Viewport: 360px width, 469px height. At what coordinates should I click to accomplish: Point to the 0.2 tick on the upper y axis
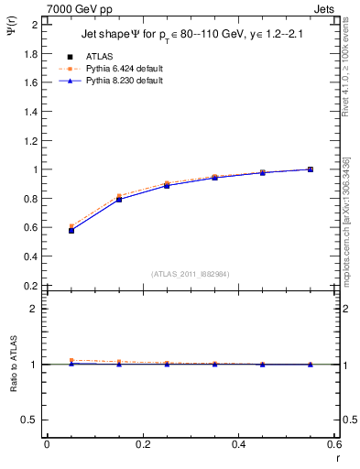[29, 286]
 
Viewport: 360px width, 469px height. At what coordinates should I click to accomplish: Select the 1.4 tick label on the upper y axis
[29, 112]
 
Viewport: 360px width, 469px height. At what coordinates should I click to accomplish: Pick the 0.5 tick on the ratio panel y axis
[29, 420]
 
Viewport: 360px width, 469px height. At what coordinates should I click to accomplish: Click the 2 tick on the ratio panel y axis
[34, 309]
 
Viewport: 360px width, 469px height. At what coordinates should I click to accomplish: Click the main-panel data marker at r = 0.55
[311, 169]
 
